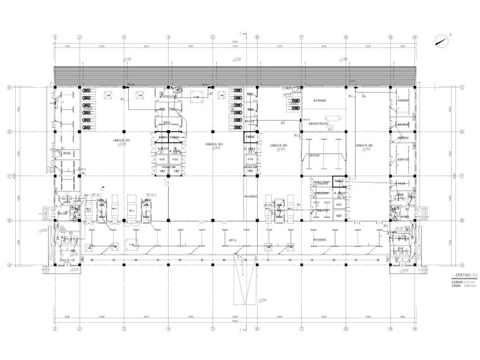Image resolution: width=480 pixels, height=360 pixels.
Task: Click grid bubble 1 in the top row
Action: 56,37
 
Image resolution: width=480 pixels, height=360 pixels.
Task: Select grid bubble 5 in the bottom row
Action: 213,329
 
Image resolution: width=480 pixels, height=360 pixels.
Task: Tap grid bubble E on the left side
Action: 9,87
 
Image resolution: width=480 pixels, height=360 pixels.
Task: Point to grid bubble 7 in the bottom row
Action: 302,329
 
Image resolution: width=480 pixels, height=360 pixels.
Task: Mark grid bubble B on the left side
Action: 9,220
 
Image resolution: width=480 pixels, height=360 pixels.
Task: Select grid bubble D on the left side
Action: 9,132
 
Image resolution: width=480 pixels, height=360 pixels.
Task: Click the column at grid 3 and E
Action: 124,87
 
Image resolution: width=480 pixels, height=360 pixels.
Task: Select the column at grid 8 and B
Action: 347,220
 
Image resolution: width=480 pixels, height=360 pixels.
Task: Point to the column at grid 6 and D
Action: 258,132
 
